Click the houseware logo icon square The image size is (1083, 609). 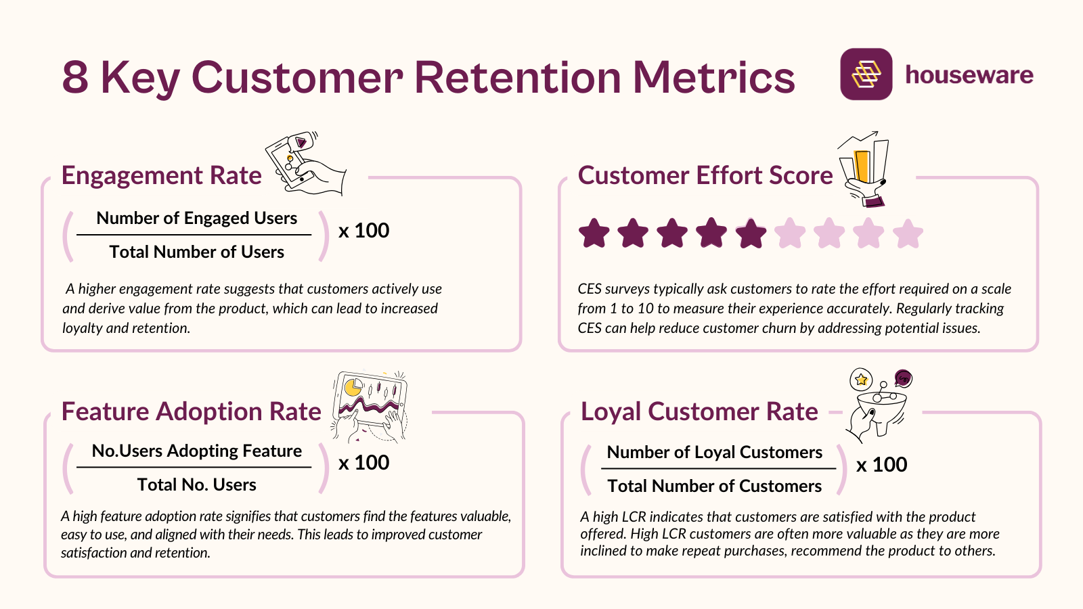click(x=866, y=74)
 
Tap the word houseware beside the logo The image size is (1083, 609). click(x=969, y=74)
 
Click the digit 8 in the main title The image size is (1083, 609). click(x=75, y=77)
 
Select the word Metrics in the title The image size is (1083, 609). click(x=713, y=77)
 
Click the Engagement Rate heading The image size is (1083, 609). click(x=161, y=175)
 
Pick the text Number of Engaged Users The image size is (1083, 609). click(x=196, y=218)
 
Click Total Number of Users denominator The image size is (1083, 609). click(x=196, y=252)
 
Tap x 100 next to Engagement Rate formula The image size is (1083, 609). click(x=363, y=231)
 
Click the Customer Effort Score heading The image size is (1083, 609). click(x=705, y=175)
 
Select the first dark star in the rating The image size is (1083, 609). click(x=594, y=233)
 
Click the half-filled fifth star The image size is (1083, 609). click(x=751, y=233)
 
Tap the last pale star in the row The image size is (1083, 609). click(x=908, y=233)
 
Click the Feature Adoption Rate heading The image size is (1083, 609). click(x=191, y=411)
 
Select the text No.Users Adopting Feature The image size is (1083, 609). click(x=196, y=451)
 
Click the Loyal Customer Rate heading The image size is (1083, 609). click(x=699, y=411)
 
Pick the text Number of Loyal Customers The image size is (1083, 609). click(x=714, y=452)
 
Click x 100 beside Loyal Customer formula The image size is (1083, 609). click(x=881, y=465)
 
